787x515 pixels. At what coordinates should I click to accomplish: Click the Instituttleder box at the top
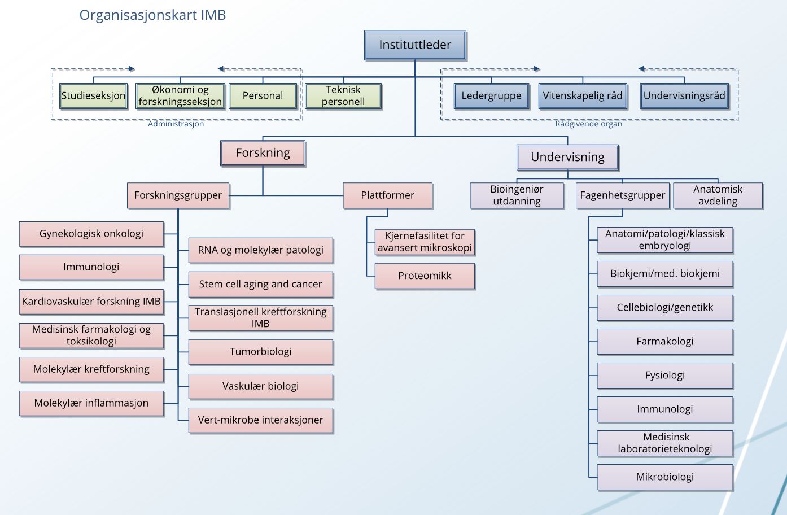[415, 45]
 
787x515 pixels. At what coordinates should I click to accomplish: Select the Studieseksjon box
[93, 95]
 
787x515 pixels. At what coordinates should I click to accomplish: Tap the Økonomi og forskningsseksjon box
[180, 95]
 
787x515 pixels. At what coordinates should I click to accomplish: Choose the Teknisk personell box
[343, 95]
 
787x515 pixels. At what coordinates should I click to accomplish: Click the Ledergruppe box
[491, 95]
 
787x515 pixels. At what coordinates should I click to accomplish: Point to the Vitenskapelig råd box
[583, 95]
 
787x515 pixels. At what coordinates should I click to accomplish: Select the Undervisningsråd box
[684, 95]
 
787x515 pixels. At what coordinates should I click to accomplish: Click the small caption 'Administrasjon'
[176, 124]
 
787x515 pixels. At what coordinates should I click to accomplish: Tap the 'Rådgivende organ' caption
[588, 124]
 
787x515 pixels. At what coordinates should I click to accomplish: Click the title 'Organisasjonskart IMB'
[152, 15]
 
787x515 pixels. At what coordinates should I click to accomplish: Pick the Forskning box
[263, 153]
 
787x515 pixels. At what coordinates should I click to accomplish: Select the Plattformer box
[387, 195]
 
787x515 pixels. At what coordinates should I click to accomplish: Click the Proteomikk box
[425, 276]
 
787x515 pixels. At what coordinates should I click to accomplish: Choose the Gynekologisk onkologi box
[91, 234]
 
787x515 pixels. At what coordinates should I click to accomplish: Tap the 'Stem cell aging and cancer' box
[260, 284]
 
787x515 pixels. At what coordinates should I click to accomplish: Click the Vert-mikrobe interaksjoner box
[260, 420]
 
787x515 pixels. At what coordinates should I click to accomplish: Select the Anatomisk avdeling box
[718, 195]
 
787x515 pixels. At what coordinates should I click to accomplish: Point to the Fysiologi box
[665, 376]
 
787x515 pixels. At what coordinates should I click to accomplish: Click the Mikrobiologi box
[665, 477]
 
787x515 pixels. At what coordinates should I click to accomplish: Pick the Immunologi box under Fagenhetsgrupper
[665, 409]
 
